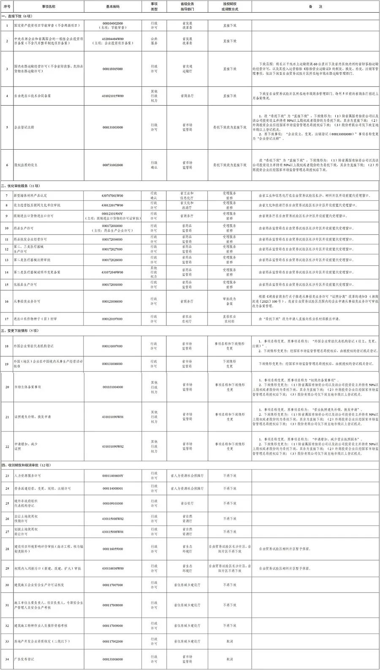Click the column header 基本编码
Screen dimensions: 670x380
click(113, 7)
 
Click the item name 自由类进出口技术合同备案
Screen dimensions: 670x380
click(33, 96)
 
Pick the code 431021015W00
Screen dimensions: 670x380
click(113, 96)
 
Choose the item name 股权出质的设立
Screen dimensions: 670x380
click(26, 165)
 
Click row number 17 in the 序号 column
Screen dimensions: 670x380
click(7, 319)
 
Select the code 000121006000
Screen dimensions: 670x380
click(113, 301)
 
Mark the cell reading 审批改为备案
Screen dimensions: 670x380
click(230, 301)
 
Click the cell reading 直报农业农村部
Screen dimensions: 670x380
click(230, 319)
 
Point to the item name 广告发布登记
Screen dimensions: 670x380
click(24, 659)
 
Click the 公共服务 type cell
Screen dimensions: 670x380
click(154, 41)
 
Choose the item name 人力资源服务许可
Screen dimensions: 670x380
click(27, 476)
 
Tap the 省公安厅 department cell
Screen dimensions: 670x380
click(187, 503)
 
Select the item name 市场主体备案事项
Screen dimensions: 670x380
click(27, 387)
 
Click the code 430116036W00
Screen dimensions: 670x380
click(113, 569)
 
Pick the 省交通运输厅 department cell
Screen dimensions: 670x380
click(187, 69)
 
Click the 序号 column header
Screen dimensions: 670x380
click(7, 7)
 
